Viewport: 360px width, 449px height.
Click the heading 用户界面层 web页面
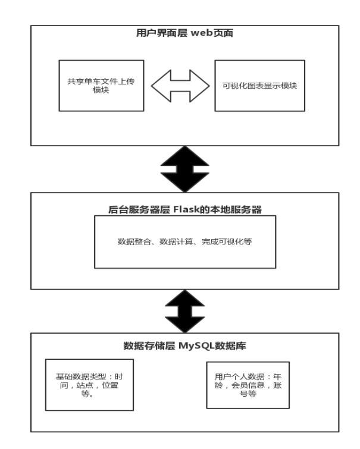(x=184, y=33)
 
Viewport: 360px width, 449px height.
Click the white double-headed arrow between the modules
(x=180, y=86)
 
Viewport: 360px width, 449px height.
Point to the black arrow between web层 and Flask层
(x=185, y=169)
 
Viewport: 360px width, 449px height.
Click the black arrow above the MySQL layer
(x=185, y=311)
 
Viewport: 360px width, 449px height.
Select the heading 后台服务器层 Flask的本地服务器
(x=185, y=209)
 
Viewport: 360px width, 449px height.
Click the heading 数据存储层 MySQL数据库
(x=185, y=346)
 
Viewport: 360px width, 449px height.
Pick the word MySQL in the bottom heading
(x=196, y=346)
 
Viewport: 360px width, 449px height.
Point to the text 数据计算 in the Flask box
(x=176, y=241)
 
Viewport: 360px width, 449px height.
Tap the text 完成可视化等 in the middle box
(x=227, y=241)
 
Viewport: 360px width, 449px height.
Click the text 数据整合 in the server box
(x=134, y=241)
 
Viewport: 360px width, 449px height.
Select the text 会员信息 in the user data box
(x=248, y=385)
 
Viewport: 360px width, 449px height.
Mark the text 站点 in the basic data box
(x=85, y=385)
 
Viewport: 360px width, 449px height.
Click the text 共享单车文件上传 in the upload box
(x=101, y=81)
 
